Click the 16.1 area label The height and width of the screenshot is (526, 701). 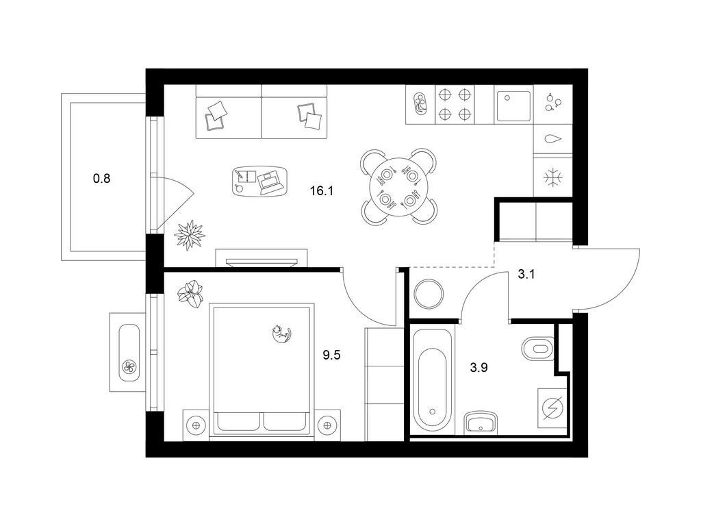point(322,192)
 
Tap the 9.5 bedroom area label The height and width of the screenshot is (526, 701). point(332,355)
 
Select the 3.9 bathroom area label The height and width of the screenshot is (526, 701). point(479,368)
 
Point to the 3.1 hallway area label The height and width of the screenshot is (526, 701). point(526,274)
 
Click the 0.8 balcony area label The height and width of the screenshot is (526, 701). point(101,179)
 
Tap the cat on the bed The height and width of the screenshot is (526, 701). point(281,334)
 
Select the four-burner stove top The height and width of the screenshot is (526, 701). point(455,104)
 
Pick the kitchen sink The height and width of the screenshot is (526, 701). point(513,106)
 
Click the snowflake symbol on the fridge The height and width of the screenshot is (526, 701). point(553,177)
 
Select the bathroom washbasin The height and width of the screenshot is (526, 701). point(481,422)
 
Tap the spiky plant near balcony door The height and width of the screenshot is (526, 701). point(190,234)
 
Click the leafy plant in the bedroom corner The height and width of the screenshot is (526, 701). point(191,293)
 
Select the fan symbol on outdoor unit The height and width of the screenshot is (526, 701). point(129,368)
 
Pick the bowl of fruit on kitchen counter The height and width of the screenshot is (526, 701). point(420,104)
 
